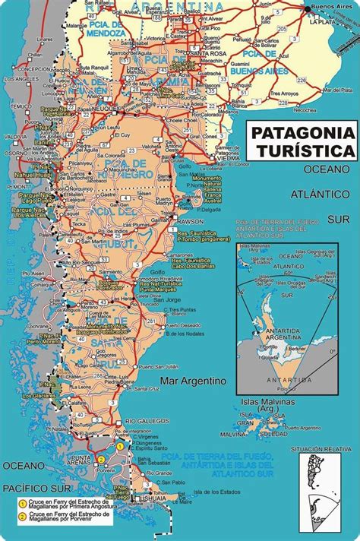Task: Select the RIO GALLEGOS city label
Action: point(141,420)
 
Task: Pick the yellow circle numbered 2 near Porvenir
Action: point(100,458)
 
